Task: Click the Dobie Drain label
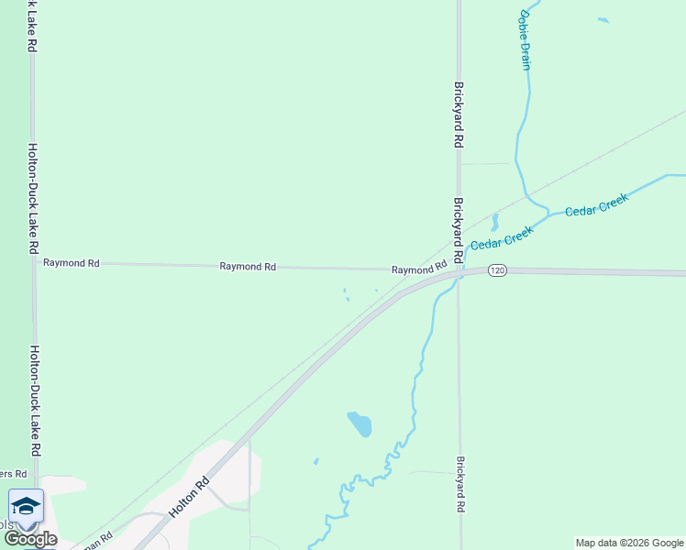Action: click(x=526, y=39)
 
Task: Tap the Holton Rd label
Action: click(x=190, y=495)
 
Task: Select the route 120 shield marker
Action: click(x=496, y=270)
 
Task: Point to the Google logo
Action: click(x=30, y=539)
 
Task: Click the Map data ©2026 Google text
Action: click(x=629, y=543)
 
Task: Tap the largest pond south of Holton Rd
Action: click(x=360, y=423)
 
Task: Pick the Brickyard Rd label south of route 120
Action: click(x=461, y=484)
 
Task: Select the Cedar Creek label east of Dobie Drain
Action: click(x=596, y=204)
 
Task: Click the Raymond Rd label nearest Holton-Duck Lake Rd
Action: click(x=72, y=263)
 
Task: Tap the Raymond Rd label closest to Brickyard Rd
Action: click(x=418, y=269)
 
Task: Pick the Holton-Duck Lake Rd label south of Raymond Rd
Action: click(x=35, y=401)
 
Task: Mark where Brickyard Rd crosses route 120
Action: click(x=459, y=271)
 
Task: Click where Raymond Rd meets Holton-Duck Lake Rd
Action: click(x=34, y=263)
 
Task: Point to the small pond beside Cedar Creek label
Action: click(x=494, y=222)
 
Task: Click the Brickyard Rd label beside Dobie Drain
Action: click(x=459, y=115)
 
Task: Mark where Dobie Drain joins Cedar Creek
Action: click(x=548, y=212)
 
